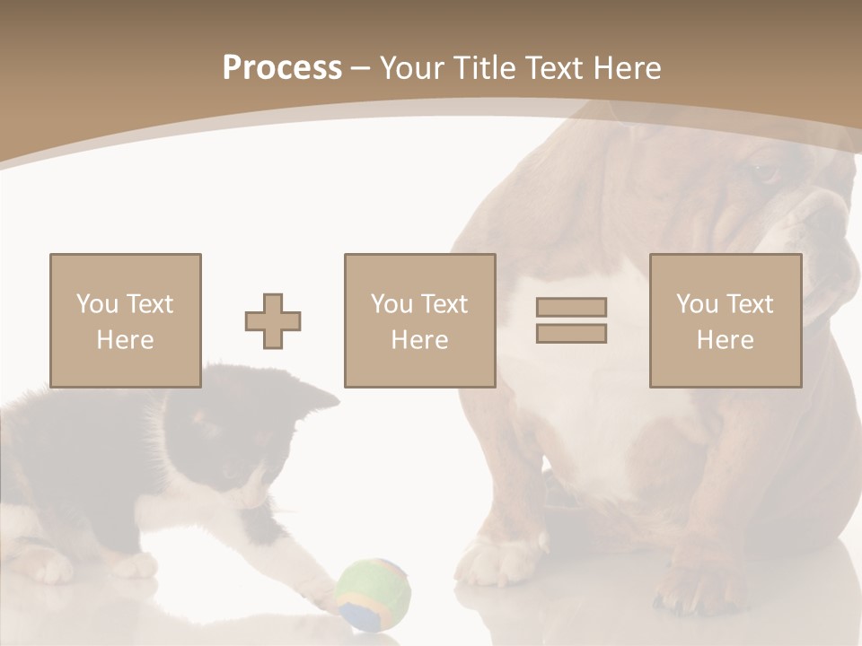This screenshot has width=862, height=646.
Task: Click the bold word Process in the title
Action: click(282, 68)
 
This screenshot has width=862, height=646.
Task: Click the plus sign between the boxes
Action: click(273, 321)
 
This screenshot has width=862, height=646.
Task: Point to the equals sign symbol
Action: click(571, 320)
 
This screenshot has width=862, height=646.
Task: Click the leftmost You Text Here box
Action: click(126, 320)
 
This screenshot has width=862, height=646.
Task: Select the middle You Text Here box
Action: click(420, 320)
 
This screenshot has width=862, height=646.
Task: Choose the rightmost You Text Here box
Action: click(726, 320)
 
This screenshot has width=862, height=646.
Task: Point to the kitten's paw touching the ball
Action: click(319, 588)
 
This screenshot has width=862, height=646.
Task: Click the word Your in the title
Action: click(413, 68)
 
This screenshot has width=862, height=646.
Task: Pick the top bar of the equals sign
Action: click(571, 308)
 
